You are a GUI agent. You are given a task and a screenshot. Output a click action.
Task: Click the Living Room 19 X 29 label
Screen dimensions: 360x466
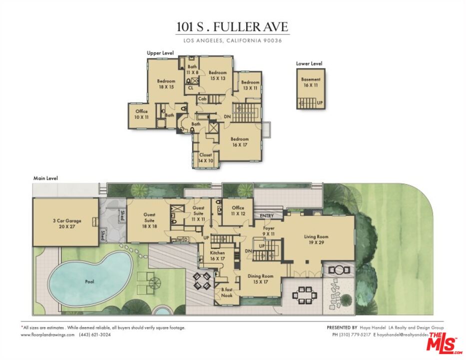316,239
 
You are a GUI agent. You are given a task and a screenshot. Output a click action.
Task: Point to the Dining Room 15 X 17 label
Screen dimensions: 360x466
261,278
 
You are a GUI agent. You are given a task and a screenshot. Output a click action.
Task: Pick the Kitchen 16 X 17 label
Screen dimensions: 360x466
217,255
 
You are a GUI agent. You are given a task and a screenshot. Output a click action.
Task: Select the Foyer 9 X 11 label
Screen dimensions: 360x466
269,230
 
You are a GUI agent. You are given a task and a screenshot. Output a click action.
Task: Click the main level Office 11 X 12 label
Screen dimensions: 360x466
238,210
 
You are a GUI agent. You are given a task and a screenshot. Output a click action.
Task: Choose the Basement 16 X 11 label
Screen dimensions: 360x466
310,82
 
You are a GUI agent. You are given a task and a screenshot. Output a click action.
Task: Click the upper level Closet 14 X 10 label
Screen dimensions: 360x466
206,158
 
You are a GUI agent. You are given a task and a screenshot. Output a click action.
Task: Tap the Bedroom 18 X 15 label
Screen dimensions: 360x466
166,84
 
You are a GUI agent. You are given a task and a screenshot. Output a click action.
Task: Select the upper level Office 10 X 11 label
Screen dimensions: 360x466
141,114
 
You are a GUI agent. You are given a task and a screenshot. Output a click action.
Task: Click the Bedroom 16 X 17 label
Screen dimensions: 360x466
239,142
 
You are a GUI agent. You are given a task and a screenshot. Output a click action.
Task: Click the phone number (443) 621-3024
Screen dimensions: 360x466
94,334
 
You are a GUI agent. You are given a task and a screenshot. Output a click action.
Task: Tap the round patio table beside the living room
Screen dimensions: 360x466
339,270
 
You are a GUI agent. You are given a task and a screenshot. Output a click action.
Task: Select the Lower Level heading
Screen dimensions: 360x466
309,63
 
